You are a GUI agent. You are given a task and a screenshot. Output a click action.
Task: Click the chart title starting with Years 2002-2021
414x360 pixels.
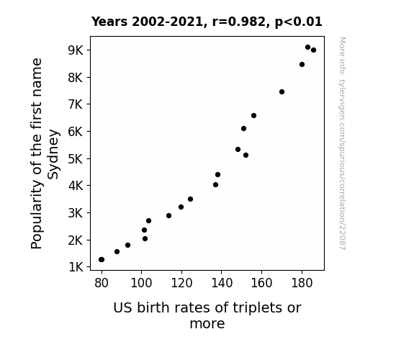pos(207,22)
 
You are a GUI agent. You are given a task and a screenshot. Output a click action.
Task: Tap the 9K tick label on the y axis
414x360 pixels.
pos(76,50)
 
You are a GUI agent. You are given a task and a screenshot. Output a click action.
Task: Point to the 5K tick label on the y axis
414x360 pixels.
pos(76,158)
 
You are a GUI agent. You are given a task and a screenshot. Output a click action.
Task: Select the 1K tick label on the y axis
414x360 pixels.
pos(76,267)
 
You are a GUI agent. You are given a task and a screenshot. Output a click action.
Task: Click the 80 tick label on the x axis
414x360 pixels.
pos(102,283)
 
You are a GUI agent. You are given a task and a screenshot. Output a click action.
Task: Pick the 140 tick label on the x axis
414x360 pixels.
pos(222,283)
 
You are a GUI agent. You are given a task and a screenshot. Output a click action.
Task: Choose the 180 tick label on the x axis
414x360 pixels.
pos(302,283)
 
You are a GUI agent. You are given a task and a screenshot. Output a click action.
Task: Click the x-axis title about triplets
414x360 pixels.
pos(207,315)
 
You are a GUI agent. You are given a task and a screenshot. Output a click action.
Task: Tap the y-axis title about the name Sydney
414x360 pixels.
pos(45,153)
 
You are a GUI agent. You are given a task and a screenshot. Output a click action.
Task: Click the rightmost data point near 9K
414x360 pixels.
pos(313,50)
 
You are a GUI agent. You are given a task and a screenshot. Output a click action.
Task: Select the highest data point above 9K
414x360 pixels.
pos(307,48)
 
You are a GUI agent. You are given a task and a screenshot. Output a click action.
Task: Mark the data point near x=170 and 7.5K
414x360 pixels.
pos(282,92)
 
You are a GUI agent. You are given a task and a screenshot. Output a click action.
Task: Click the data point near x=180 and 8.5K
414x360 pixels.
pos(302,65)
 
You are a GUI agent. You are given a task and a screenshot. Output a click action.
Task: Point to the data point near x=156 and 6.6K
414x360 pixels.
pos(253,115)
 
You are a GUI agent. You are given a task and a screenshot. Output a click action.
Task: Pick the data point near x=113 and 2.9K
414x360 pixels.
pos(168,215)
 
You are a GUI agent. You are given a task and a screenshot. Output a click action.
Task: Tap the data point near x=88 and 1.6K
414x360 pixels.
pos(117,251)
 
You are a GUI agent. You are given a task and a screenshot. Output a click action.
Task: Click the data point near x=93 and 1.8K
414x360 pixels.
pos(127,245)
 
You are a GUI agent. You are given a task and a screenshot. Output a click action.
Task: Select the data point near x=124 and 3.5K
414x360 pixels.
pos(190,199)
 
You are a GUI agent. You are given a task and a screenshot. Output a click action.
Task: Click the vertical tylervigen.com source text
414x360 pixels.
pos(343,143)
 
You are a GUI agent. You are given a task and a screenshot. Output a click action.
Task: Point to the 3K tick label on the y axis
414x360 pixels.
pos(76,213)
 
